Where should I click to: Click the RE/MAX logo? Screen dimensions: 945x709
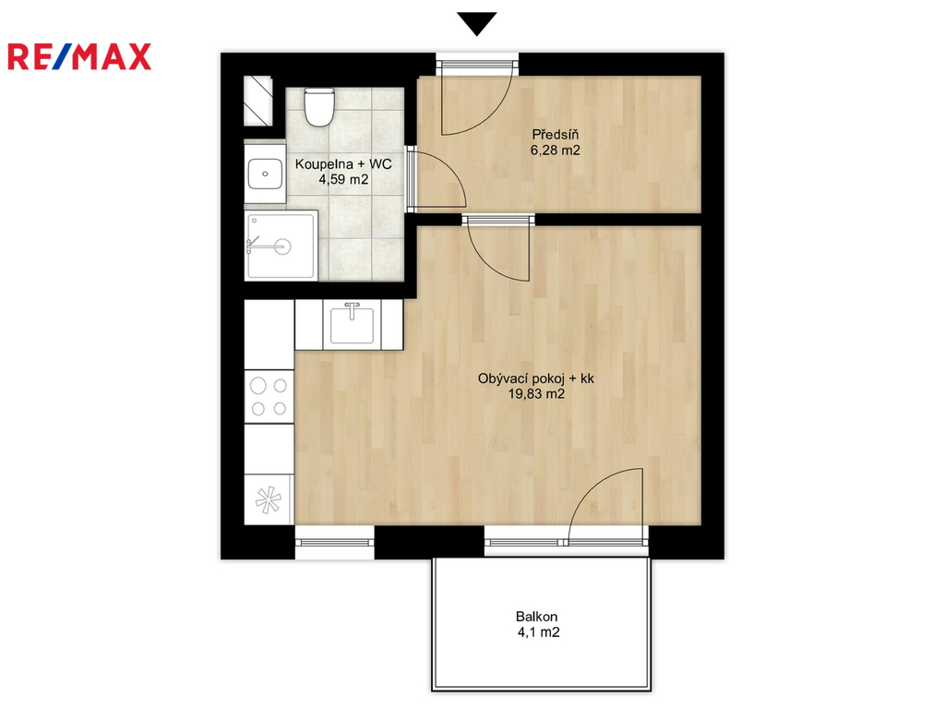click(x=79, y=56)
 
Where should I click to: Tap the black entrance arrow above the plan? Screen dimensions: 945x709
click(x=477, y=23)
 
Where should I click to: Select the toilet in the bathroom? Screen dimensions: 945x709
click(x=318, y=107)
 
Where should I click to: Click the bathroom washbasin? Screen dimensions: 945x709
click(x=265, y=174)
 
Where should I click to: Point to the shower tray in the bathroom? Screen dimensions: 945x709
click(x=281, y=246)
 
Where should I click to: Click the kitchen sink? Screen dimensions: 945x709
click(x=352, y=324)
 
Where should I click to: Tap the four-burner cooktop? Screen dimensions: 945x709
click(x=269, y=396)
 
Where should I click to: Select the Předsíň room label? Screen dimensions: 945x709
click(x=555, y=135)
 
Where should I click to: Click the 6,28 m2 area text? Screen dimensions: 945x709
click(x=555, y=150)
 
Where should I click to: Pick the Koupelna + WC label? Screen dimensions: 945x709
click(x=343, y=164)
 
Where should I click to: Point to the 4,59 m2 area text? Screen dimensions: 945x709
click(x=343, y=179)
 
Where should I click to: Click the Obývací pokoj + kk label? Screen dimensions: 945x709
click(x=536, y=379)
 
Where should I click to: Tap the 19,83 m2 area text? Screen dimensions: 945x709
click(x=536, y=394)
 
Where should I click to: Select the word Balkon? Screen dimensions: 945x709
click(x=536, y=617)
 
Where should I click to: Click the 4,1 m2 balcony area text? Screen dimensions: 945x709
click(x=538, y=632)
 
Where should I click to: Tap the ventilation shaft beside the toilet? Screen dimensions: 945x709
click(x=258, y=101)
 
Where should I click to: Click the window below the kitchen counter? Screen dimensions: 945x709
click(x=334, y=543)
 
